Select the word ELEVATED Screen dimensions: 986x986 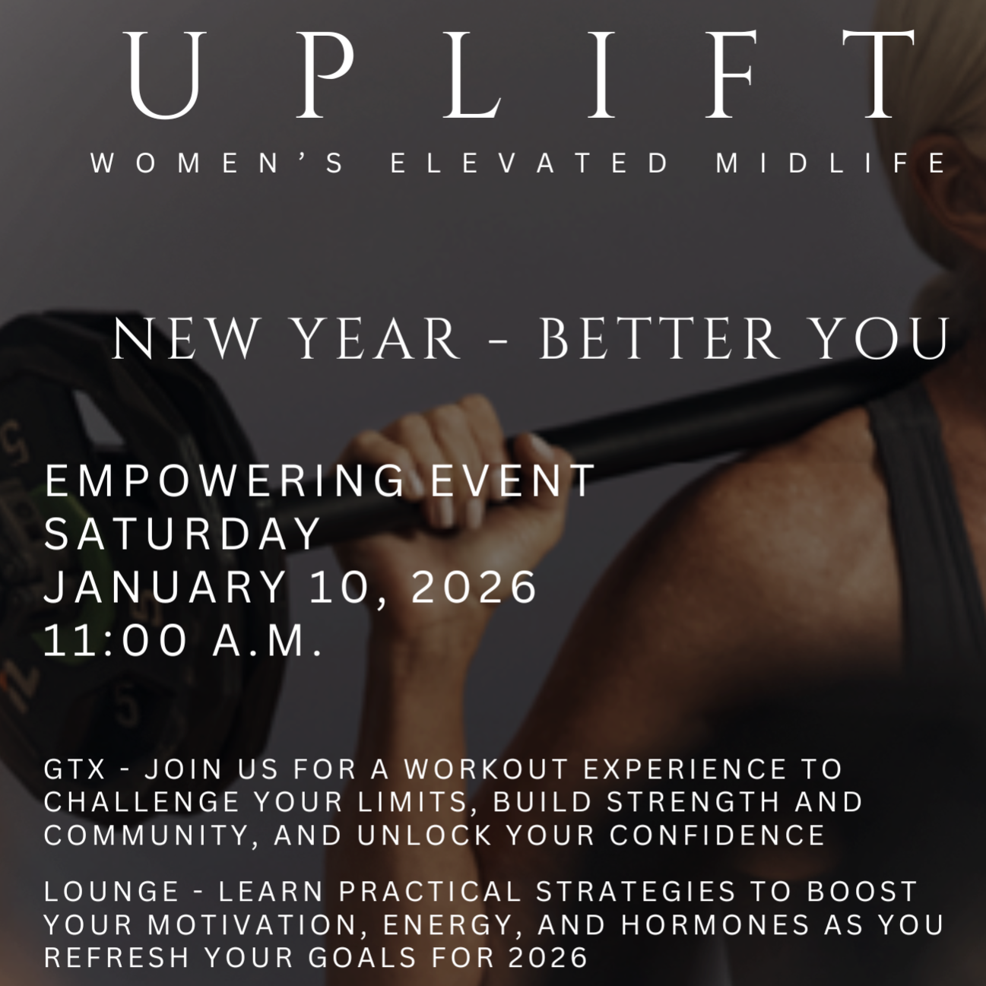point(531,163)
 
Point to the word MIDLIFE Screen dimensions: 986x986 point(832,163)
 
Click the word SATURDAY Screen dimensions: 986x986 point(183,534)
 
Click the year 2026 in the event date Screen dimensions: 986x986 point(474,587)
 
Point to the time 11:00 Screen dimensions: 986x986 point(115,640)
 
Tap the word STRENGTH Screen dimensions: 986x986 point(694,801)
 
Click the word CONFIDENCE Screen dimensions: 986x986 point(718,835)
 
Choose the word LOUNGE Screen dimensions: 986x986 point(112,891)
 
